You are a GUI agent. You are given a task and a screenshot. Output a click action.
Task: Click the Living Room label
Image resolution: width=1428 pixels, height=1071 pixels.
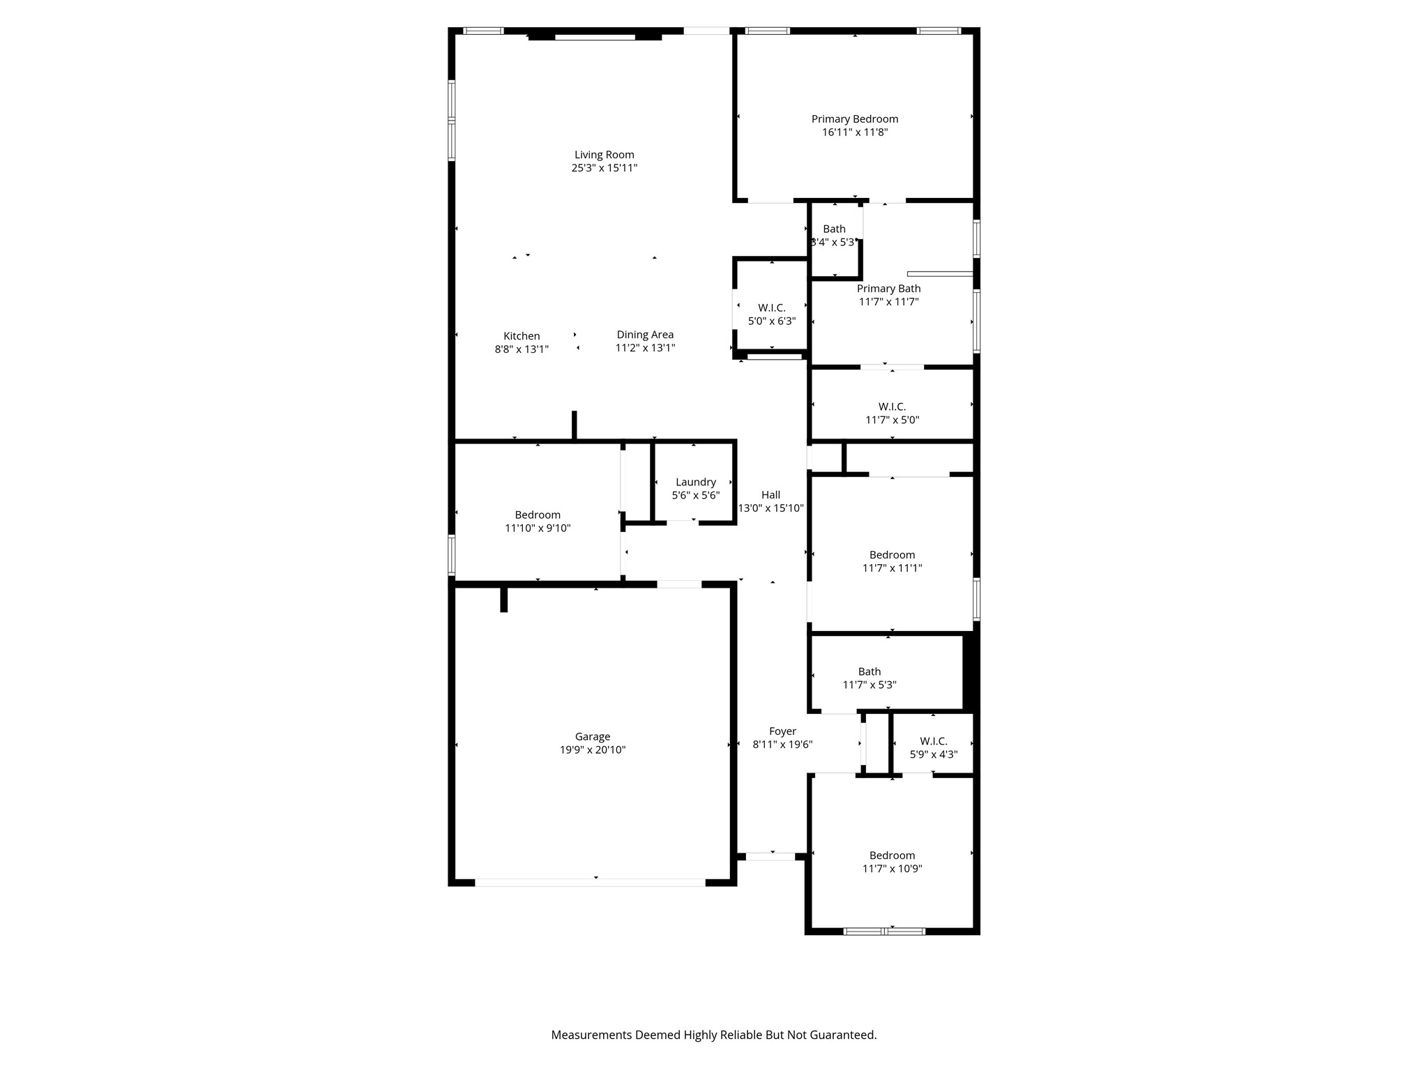pos(604,155)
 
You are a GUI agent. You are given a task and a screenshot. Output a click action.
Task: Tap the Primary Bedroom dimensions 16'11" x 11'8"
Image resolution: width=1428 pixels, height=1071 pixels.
pos(854,132)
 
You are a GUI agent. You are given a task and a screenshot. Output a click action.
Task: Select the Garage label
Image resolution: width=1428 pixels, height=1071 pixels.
pos(592,736)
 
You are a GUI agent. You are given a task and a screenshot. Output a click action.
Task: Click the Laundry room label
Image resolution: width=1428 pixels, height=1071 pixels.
pos(695,482)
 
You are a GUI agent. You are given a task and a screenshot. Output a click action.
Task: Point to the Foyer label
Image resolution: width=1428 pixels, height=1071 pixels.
pos(782,731)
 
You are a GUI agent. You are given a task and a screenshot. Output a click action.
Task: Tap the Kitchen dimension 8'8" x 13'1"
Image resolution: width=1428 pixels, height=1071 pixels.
pos(522,349)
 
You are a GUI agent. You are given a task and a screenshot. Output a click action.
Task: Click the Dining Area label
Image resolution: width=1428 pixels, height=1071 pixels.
pos(645,335)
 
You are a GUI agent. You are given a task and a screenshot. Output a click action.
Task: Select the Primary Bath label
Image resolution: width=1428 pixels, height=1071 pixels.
pos(888,289)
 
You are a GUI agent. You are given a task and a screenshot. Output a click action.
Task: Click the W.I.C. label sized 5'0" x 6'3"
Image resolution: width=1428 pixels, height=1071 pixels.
pos(771,308)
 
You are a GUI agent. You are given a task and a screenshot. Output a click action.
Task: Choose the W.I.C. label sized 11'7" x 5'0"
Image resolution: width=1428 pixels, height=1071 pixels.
pos(892,407)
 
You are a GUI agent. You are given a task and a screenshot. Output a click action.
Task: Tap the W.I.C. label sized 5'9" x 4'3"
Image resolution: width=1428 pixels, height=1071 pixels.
pos(933,741)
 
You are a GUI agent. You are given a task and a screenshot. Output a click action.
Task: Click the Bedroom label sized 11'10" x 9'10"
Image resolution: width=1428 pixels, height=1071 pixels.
pos(538,515)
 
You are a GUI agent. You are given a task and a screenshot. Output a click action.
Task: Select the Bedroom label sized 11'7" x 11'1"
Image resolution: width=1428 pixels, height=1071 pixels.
pos(892,555)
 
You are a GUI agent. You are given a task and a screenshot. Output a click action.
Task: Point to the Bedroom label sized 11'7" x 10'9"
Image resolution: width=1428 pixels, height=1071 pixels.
pos(892,856)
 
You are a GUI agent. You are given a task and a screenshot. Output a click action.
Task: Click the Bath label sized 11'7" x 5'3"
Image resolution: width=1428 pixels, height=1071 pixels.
pos(869,671)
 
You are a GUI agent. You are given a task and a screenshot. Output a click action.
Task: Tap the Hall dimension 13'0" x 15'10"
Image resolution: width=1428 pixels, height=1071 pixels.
pos(770,508)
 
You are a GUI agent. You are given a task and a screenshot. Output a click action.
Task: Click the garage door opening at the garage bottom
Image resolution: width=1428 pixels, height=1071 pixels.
pos(590,882)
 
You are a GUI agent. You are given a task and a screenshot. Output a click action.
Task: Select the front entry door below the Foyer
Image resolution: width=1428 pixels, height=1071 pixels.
pos(770,856)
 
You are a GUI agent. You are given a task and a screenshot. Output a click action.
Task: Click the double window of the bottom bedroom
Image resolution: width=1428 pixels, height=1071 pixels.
pos(884,931)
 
